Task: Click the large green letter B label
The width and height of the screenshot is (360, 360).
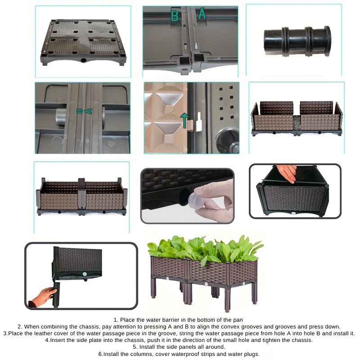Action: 175,16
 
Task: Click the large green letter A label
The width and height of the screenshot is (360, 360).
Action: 202,13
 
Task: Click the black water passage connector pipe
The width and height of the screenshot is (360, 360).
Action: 297,41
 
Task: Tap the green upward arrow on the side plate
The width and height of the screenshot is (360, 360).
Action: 184,120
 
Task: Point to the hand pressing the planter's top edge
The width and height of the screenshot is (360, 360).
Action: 286,173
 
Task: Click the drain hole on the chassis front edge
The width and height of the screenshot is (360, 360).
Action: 83,60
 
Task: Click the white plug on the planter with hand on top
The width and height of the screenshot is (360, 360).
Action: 293,213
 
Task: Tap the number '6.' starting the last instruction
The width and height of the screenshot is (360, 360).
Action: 100,354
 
